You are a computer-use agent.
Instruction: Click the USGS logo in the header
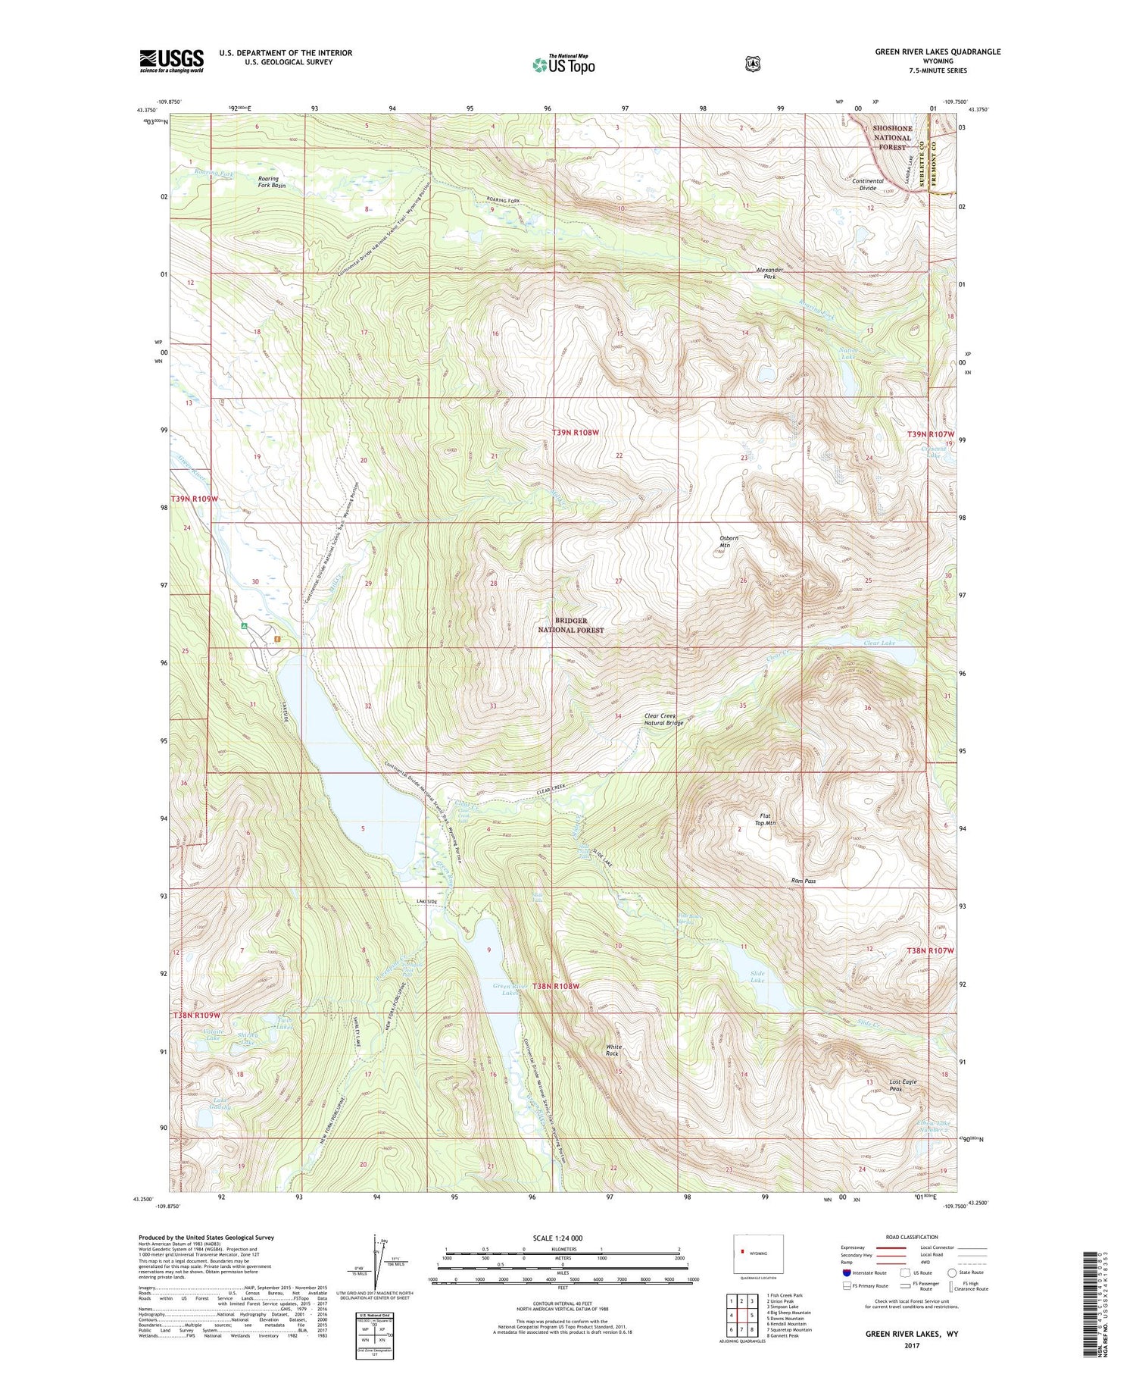171,61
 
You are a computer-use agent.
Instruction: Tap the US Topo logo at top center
563,64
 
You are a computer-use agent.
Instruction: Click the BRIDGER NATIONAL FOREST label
571,625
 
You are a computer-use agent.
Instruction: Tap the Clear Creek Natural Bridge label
663,719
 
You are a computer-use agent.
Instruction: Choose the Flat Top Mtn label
765,818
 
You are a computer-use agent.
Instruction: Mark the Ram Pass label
803,881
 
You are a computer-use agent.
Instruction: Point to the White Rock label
613,1050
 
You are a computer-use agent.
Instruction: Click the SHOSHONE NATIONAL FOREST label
892,137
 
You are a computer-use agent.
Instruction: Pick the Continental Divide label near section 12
868,184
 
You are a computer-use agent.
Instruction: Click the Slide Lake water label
757,976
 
